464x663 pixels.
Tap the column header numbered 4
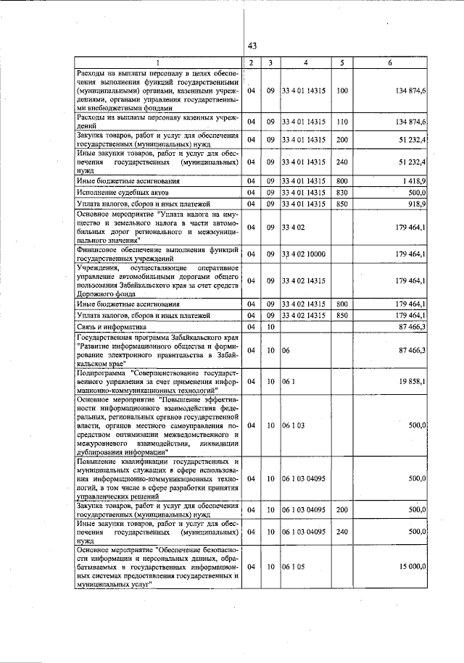pos(306,63)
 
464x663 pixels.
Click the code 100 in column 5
pos(343,91)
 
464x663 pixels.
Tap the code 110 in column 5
pos(343,121)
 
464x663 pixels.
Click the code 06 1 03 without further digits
pos(294,425)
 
